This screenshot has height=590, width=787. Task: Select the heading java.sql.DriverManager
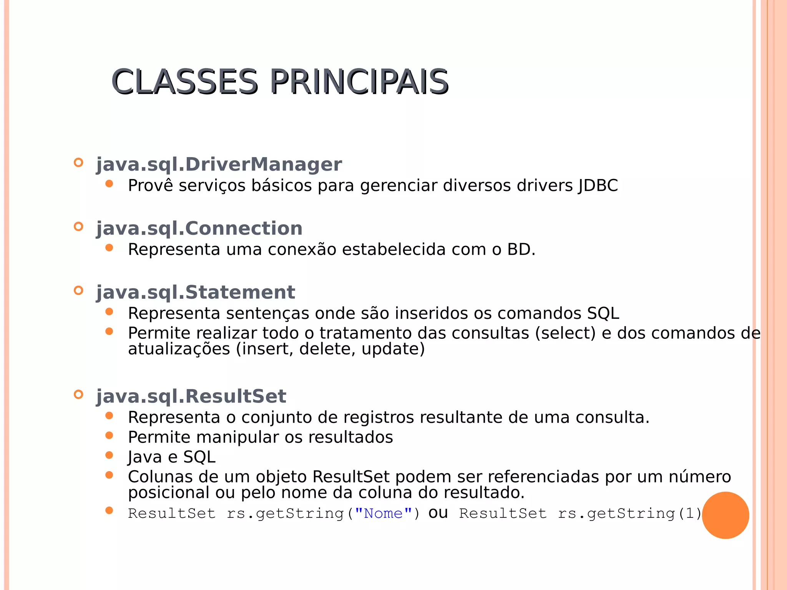tap(219, 164)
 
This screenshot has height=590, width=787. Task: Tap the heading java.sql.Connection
tap(199, 229)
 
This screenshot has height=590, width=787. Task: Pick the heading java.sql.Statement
tap(195, 292)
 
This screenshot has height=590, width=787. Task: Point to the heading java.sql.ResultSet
tap(191, 396)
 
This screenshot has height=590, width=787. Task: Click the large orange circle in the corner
tap(725, 515)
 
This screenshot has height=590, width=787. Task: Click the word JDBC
tap(598, 186)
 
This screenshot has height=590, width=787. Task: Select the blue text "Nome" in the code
tap(383, 514)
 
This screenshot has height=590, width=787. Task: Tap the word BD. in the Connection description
tap(521, 250)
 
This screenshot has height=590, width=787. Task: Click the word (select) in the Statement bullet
tap(565, 333)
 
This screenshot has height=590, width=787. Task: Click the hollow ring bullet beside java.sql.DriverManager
tap(78, 162)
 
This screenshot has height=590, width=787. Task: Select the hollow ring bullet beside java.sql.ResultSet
tap(78, 394)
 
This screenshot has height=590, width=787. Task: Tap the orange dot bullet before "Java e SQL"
tap(109, 455)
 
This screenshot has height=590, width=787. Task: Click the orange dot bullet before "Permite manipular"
tap(109, 435)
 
